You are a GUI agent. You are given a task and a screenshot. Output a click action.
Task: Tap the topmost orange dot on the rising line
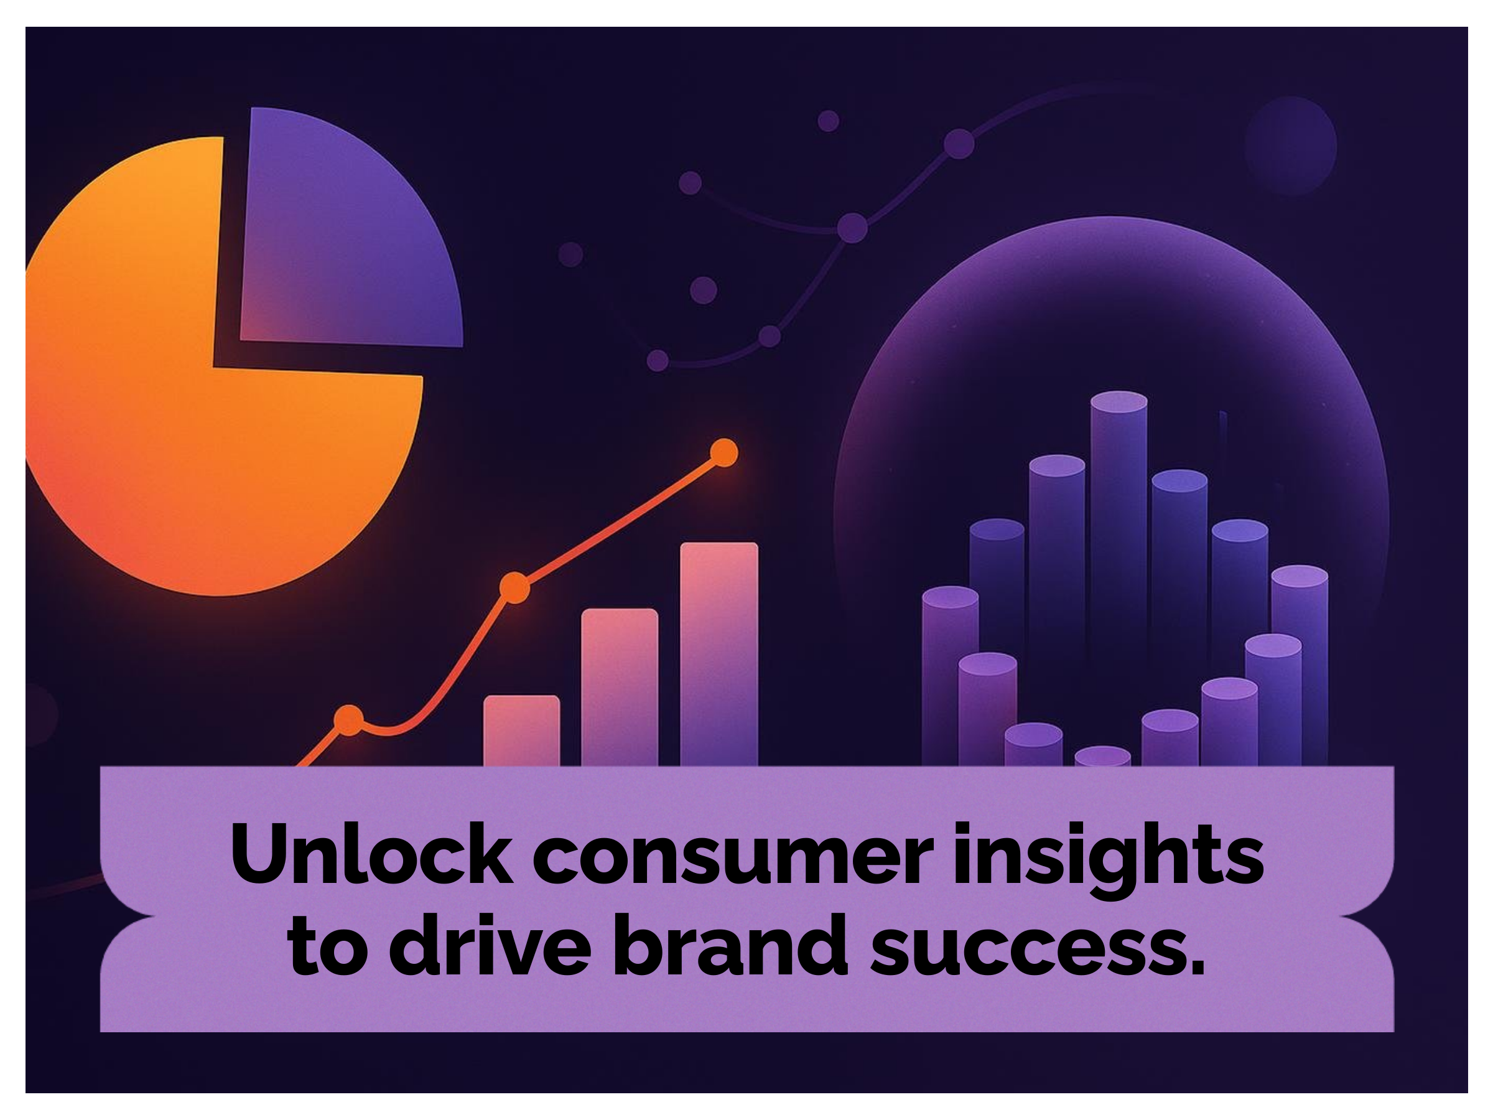723,453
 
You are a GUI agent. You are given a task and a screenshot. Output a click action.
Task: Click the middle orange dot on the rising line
514,587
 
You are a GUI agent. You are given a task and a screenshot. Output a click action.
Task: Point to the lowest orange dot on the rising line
349,720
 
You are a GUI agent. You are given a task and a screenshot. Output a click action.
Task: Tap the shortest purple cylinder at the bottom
1102,755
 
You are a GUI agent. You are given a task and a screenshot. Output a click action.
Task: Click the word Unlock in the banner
371,855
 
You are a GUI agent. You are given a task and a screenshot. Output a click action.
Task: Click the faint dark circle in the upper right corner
1291,145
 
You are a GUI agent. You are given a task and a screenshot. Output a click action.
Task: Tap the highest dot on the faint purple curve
959,143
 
